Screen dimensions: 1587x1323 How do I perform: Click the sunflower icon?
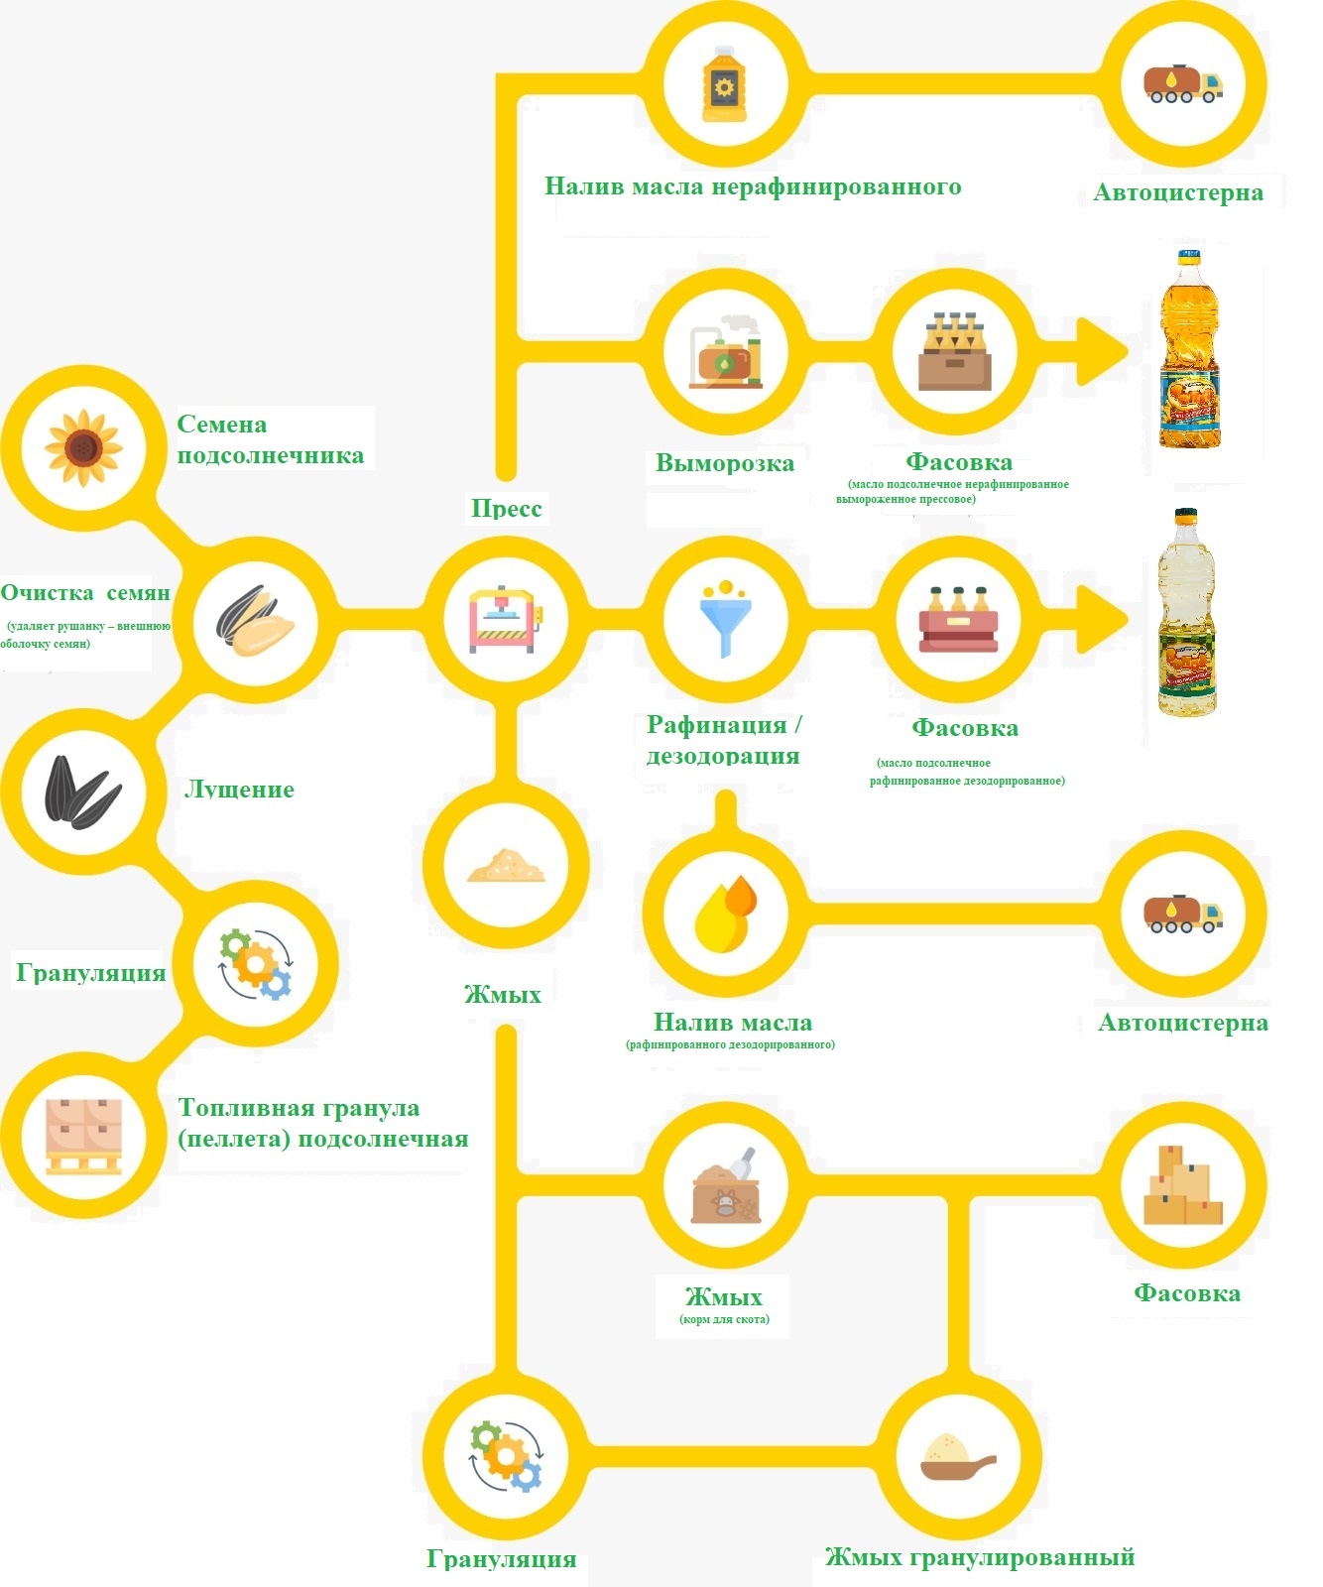(83, 448)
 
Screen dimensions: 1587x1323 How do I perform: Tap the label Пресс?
(506, 509)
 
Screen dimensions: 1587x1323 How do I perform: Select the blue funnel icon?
(725, 619)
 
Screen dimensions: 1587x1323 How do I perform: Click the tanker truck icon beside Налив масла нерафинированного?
(1182, 85)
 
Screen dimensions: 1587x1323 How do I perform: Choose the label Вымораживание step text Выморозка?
(725, 463)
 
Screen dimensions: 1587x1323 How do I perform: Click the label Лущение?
(239, 790)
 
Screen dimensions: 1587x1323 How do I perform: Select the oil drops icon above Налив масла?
(725, 913)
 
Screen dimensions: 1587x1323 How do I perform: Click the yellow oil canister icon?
(725, 85)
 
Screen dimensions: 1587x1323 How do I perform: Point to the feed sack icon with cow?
(725, 1187)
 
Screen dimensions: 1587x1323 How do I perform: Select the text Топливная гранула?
(299, 1108)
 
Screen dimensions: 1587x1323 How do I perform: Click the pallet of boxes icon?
(83, 1137)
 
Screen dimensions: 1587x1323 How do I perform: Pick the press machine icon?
(506, 621)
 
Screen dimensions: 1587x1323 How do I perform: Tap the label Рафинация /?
(724, 725)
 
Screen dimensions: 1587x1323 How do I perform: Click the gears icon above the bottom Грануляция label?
(506, 1457)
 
